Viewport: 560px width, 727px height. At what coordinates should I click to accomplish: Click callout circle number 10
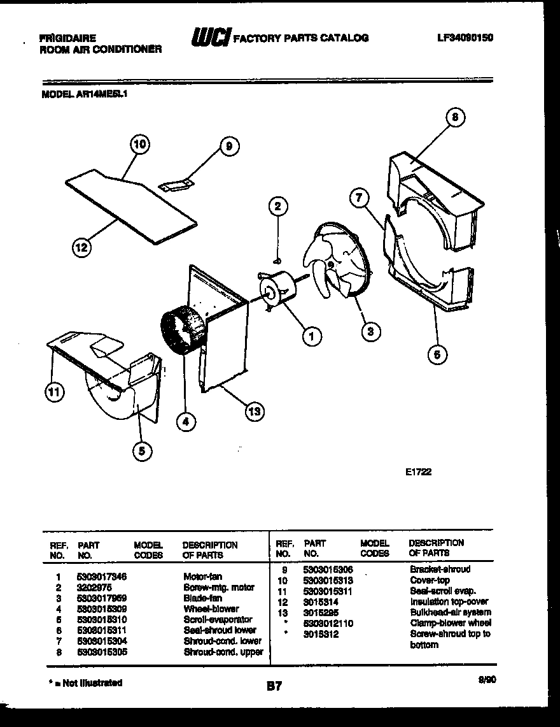click(x=140, y=145)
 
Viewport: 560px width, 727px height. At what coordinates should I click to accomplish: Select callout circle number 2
click(x=277, y=206)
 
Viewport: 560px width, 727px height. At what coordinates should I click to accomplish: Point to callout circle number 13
click(x=254, y=412)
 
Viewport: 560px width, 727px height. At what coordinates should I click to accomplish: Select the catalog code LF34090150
click(x=465, y=38)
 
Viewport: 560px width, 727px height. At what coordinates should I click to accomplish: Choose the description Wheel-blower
click(x=211, y=608)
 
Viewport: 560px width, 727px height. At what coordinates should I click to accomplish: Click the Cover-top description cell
click(x=430, y=580)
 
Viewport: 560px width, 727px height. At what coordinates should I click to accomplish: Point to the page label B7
click(x=274, y=686)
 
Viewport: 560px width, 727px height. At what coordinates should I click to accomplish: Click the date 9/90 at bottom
click(x=487, y=680)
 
